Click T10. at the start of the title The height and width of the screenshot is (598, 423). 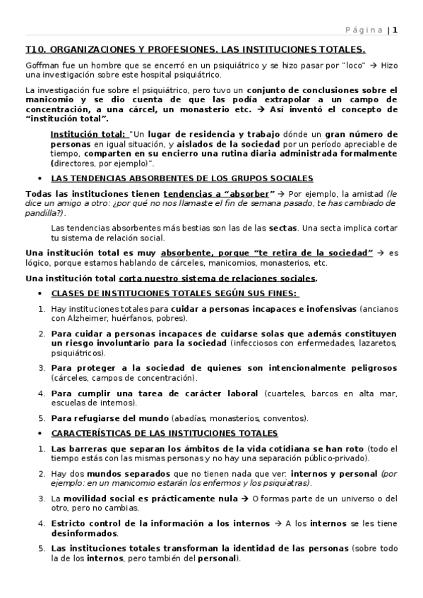(x=35, y=50)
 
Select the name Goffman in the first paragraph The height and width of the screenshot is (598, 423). (x=41, y=65)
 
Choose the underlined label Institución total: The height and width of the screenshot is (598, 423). (x=89, y=134)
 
